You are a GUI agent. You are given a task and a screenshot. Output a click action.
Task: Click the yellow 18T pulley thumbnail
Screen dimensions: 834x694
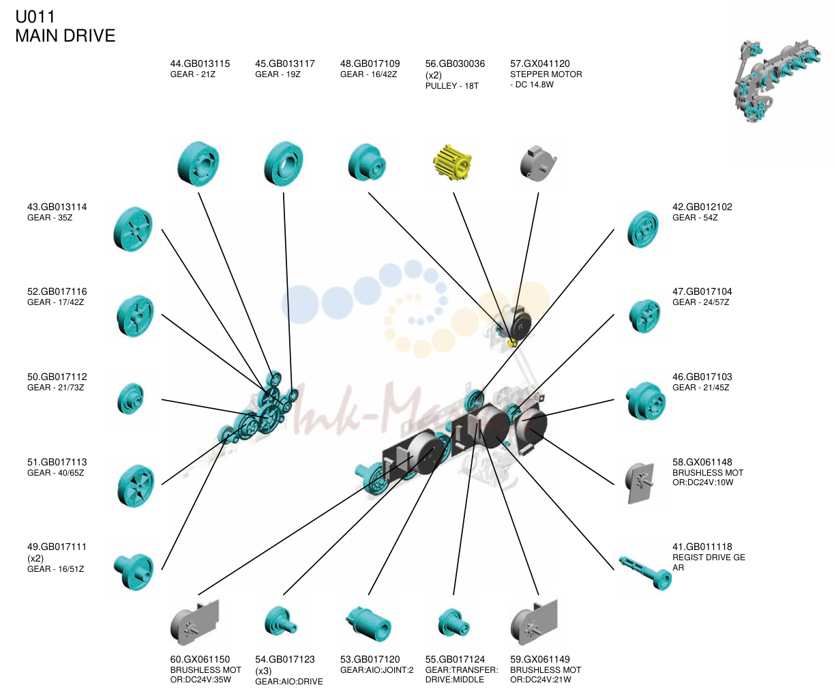pyautogui.click(x=453, y=162)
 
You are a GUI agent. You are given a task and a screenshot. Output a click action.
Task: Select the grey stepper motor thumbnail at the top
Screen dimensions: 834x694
pyautogui.click(x=538, y=164)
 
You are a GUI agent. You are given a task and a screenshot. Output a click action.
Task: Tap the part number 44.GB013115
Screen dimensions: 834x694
pyautogui.click(x=200, y=63)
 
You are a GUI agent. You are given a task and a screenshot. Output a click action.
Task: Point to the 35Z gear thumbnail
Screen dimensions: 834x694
pyautogui.click(x=133, y=229)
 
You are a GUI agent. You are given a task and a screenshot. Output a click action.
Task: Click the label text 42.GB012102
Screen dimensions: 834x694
pyautogui.click(x=702, y=207)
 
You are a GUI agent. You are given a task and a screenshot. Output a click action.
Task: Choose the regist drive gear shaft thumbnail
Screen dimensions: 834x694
pyautogui.click(x=645, y=573)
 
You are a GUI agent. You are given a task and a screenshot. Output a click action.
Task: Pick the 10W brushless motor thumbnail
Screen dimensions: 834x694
pyautogui.click(x=640, y=483)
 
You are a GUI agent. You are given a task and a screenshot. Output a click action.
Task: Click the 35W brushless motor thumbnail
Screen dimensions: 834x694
pyautogui.click(x=195, y=622)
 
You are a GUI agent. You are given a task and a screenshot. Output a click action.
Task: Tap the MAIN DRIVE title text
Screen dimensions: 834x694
pyautogui.click(x=65, y=35)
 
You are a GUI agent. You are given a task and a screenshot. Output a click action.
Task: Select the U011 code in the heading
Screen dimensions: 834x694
pyautogui.click(x=35, y=17)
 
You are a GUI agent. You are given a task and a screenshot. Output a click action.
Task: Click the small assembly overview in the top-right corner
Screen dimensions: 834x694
pyautogui.click(x=777, y=80)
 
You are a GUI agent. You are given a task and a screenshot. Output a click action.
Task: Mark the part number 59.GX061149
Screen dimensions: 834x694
pyautogui.click(x=540, y=659)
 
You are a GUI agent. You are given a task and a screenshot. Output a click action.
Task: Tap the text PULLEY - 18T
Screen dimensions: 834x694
pyautogui.click(x=451, y=86)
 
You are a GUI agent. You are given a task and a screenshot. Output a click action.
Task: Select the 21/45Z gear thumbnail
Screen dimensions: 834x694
pyautogui.click(x=646, y=401)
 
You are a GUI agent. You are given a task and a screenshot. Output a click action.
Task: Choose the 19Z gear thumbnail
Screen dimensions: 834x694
pyautogui.click(x=284, y=164)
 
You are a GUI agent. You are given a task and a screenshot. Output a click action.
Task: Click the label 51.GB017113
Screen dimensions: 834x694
pyautogui.click(x=57, y=462)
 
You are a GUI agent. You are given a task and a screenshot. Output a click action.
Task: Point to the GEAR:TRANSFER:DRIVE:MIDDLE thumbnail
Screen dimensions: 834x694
pyautogui.click(x=453, y=623)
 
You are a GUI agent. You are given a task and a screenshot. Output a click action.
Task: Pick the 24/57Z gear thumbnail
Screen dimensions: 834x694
pyautogui.click(x=644, y=316)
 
